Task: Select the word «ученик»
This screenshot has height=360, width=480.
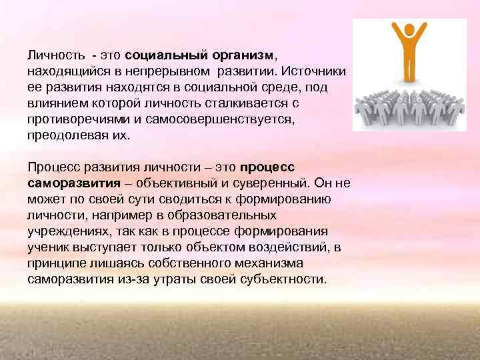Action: coord(47,248)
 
